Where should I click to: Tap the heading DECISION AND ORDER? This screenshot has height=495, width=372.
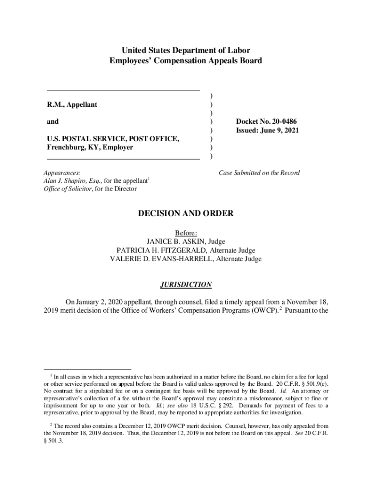pos(186,213)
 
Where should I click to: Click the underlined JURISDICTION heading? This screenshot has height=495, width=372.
pos(186,285)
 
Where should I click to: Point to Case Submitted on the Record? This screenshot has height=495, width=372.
pos(259,173)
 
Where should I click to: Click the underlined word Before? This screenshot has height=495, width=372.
pos(186,233)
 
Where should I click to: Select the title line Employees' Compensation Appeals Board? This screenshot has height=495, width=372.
pos(186,60)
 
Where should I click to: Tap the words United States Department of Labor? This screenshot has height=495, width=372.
pos(186,50)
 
